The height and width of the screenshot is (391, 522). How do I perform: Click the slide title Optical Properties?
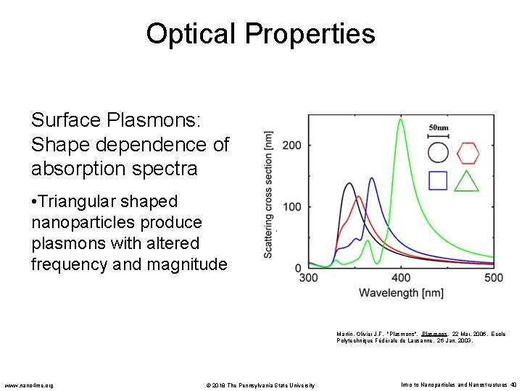click(260, 33)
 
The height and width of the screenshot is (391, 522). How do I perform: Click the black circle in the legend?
click(438, 153)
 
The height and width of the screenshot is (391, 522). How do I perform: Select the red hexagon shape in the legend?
click(467, 153)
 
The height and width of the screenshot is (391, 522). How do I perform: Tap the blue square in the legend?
click(438, 180)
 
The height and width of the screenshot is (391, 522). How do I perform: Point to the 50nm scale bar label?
click(439, 128)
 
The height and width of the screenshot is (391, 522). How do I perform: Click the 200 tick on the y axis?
click(291, 145)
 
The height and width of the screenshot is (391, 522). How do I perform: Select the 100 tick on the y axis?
click(291, 207)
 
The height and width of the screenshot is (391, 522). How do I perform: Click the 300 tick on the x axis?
click(309, 278)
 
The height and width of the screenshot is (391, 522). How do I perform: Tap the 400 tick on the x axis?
click(401, 278)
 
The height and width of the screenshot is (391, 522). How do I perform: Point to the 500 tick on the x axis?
click(493, 278)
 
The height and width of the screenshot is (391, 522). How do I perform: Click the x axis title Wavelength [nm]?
click(401, 293)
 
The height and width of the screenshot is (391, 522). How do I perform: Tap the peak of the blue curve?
click(372, 178)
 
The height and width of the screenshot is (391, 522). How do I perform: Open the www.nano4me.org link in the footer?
click(29, 384)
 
